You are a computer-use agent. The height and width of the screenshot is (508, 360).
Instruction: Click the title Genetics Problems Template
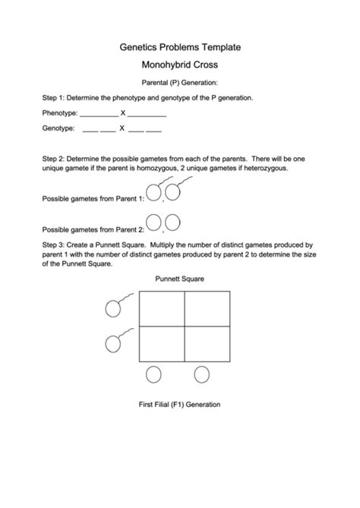[x=180, y=47]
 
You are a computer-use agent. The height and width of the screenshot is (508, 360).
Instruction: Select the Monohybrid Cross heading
[x=180, y=65]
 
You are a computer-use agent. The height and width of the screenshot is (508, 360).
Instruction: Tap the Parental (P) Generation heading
[x=180, y=82]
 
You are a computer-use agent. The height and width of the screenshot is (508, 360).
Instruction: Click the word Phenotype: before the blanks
[x=59, y=113]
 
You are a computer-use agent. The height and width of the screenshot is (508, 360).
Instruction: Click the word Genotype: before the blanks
[x=58, y=129]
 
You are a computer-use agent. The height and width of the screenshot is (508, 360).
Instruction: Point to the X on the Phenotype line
[x=123, y=113]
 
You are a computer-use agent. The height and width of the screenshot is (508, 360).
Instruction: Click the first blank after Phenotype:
[x=99, y=115]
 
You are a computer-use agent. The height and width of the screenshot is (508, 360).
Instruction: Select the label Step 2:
[x=55, y=159]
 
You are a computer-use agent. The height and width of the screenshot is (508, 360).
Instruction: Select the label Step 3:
[x=55, y=245]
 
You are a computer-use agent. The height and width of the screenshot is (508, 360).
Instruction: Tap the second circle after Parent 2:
[x=172, y=222]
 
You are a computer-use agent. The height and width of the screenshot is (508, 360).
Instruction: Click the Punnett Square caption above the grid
[x=180, y=279]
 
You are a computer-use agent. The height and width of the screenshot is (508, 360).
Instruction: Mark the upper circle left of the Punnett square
[x=113, y=308]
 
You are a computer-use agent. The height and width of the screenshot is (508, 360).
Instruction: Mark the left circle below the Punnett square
[x=153, y=374]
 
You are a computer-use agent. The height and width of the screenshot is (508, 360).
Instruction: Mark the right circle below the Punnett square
[x=202, y=374]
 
